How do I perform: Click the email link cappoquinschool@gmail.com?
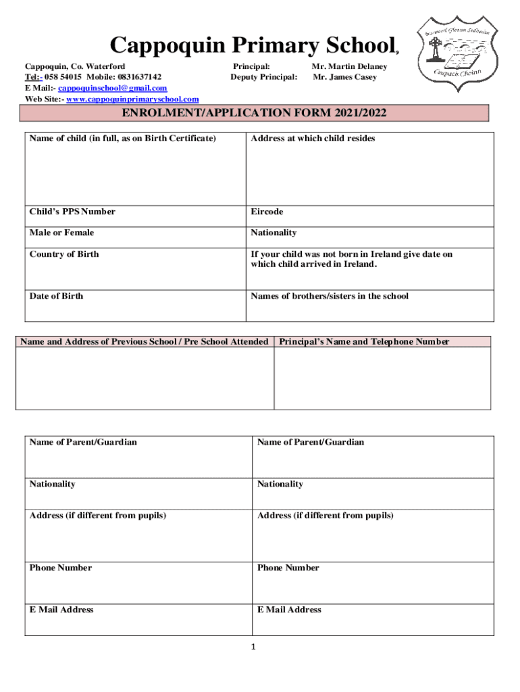click(x=113, y=89)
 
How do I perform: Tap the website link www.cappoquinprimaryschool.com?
click(x=132, y=99)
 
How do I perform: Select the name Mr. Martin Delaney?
click(x=349, y=67)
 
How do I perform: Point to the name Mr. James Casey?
click(x=344, y=77)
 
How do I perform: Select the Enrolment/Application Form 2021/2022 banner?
click(x=253, y=113)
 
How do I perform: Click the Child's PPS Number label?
click(x=72, y=212)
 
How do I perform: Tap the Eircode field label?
click(x=267, y=212)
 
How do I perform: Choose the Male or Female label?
click(x=61, y=232)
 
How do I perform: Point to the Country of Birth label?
click(x=64, y=254)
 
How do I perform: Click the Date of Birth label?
click(x=57, y=296)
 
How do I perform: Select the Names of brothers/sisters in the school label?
click(x=330, y=296)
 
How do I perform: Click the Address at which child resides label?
click(x=313, y=139)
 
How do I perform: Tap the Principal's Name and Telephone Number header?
click(x=365, y=341)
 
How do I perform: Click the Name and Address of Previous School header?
click(x=145, y=341)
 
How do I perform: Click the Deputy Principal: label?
click(x=263, y=77)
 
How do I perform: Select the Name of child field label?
click(x=123, y=139)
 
